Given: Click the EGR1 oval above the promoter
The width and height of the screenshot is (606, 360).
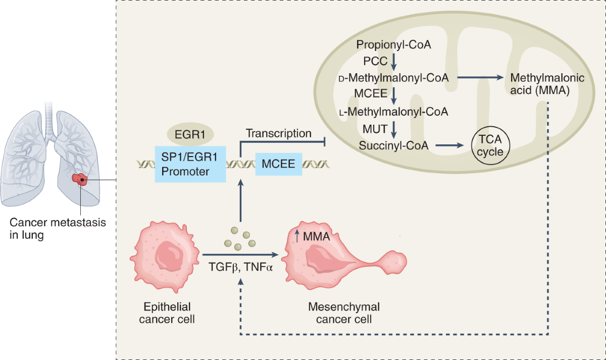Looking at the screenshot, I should click(x=190, y=135).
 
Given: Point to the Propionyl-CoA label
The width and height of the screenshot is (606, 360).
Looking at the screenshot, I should click(x=393, y=44).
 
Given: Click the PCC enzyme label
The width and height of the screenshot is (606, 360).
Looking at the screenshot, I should click(x=375, y=61).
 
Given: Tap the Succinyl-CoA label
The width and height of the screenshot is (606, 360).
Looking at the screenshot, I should click(x=394, y=145).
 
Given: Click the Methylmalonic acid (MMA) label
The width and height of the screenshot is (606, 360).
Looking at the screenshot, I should click(x=547, y=85).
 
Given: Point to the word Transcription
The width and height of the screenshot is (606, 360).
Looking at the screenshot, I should click(x=278, y=133).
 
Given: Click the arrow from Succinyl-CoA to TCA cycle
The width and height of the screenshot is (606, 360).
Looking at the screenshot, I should click(x=448, y=145).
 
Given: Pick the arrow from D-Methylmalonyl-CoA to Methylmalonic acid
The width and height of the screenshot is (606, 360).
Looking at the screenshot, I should click(x=482, y=78).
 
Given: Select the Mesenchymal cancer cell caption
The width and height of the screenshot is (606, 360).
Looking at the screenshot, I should click(x=344, y=313).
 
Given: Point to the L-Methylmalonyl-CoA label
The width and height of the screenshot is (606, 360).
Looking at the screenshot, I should click(x=393, y=112).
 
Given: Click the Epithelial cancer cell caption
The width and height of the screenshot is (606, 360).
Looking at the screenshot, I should click(x=167, y=313).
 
